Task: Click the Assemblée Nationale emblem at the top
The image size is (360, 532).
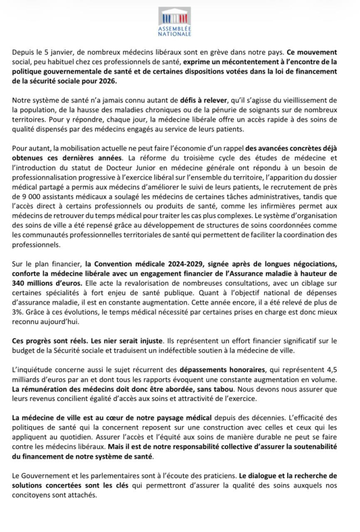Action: click(175, 15)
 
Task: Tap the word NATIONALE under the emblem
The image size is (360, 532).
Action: click(175, 34)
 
